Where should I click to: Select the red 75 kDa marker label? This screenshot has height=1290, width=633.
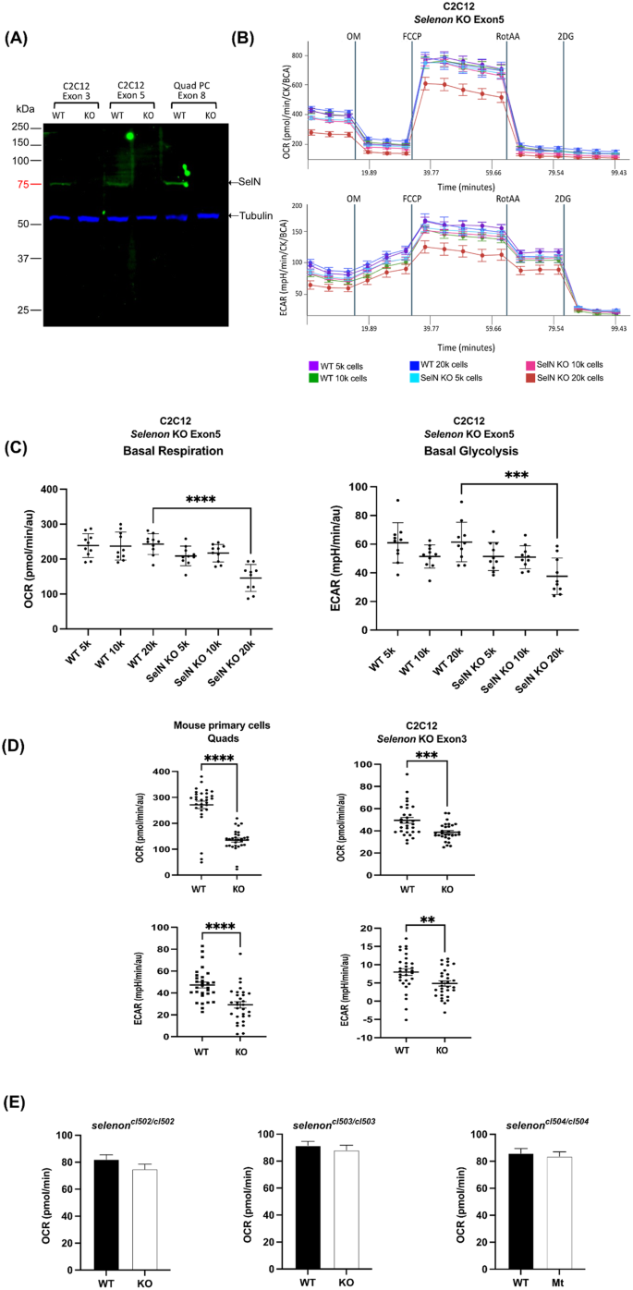[23, 185]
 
